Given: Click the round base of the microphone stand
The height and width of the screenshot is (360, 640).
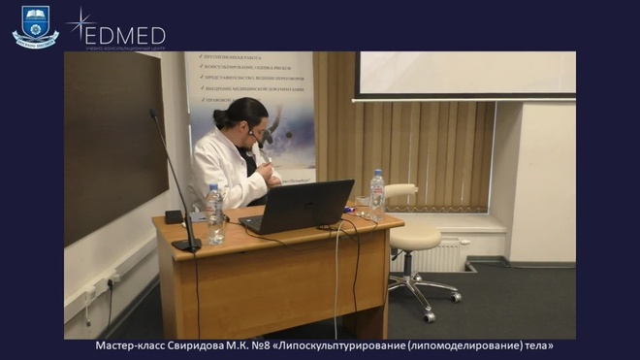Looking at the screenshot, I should point(185,245).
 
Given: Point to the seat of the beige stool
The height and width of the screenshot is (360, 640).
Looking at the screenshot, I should point(414,238).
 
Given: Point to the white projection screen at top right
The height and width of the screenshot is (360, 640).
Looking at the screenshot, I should point(465,74).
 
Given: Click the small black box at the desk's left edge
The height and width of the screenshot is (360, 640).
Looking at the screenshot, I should point(174,216).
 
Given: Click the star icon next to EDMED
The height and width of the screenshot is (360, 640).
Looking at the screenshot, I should point(78,21).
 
